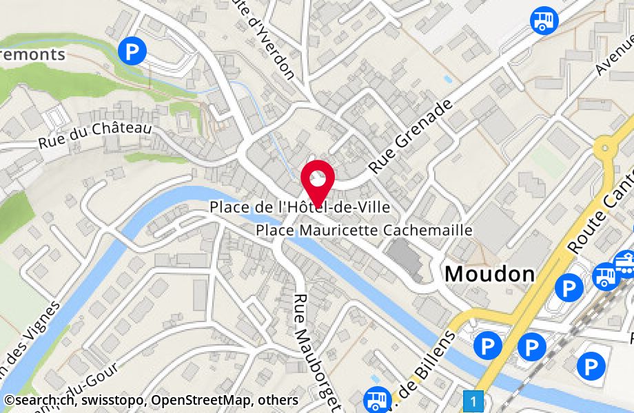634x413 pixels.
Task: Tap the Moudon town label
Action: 489,273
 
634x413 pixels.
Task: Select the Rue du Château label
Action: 94,135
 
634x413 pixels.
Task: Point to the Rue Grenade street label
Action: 412,136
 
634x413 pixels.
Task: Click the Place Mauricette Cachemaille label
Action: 364,230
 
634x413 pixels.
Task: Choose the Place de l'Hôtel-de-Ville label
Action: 300,206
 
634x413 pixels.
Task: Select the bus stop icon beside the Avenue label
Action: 544,19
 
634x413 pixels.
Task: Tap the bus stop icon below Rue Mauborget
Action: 376,399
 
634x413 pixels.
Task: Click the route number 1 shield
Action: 473,399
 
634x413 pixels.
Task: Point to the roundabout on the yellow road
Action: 606,147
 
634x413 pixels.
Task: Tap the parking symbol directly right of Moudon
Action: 569,287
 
